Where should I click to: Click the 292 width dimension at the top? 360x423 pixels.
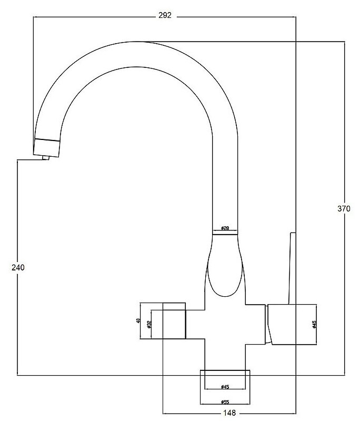click(x=165, y=16)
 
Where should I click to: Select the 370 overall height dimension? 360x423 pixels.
click(x=343, y=208)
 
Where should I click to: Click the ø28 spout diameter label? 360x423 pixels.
click(x=225, y=228)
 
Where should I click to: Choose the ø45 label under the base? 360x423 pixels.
click(x=225, y=388)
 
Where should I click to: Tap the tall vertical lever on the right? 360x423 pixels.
click(x=291, y=268)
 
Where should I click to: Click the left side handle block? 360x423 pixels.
click(x=174, y=321)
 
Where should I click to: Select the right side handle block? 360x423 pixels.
click(x=292, y=325)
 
